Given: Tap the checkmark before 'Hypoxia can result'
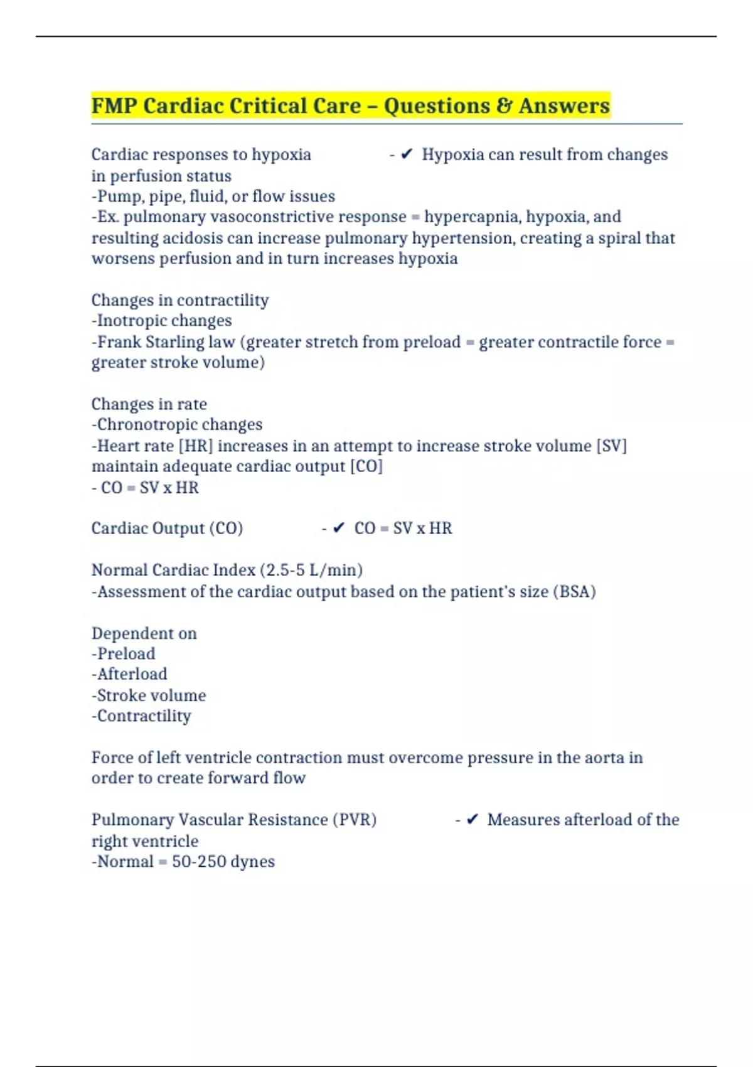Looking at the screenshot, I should coord(407,154).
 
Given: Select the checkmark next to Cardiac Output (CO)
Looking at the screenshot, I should coord(339,528).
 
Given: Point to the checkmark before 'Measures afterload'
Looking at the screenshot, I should coord(473,820).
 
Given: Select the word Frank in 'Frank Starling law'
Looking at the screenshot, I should coord(119,342).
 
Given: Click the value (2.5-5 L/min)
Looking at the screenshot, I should coord(311,570).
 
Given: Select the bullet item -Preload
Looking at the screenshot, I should coord(124,654).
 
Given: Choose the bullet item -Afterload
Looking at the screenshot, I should coord(129,674).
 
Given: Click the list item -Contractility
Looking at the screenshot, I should coord(141,716).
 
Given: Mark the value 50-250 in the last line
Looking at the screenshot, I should coord(199,862).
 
